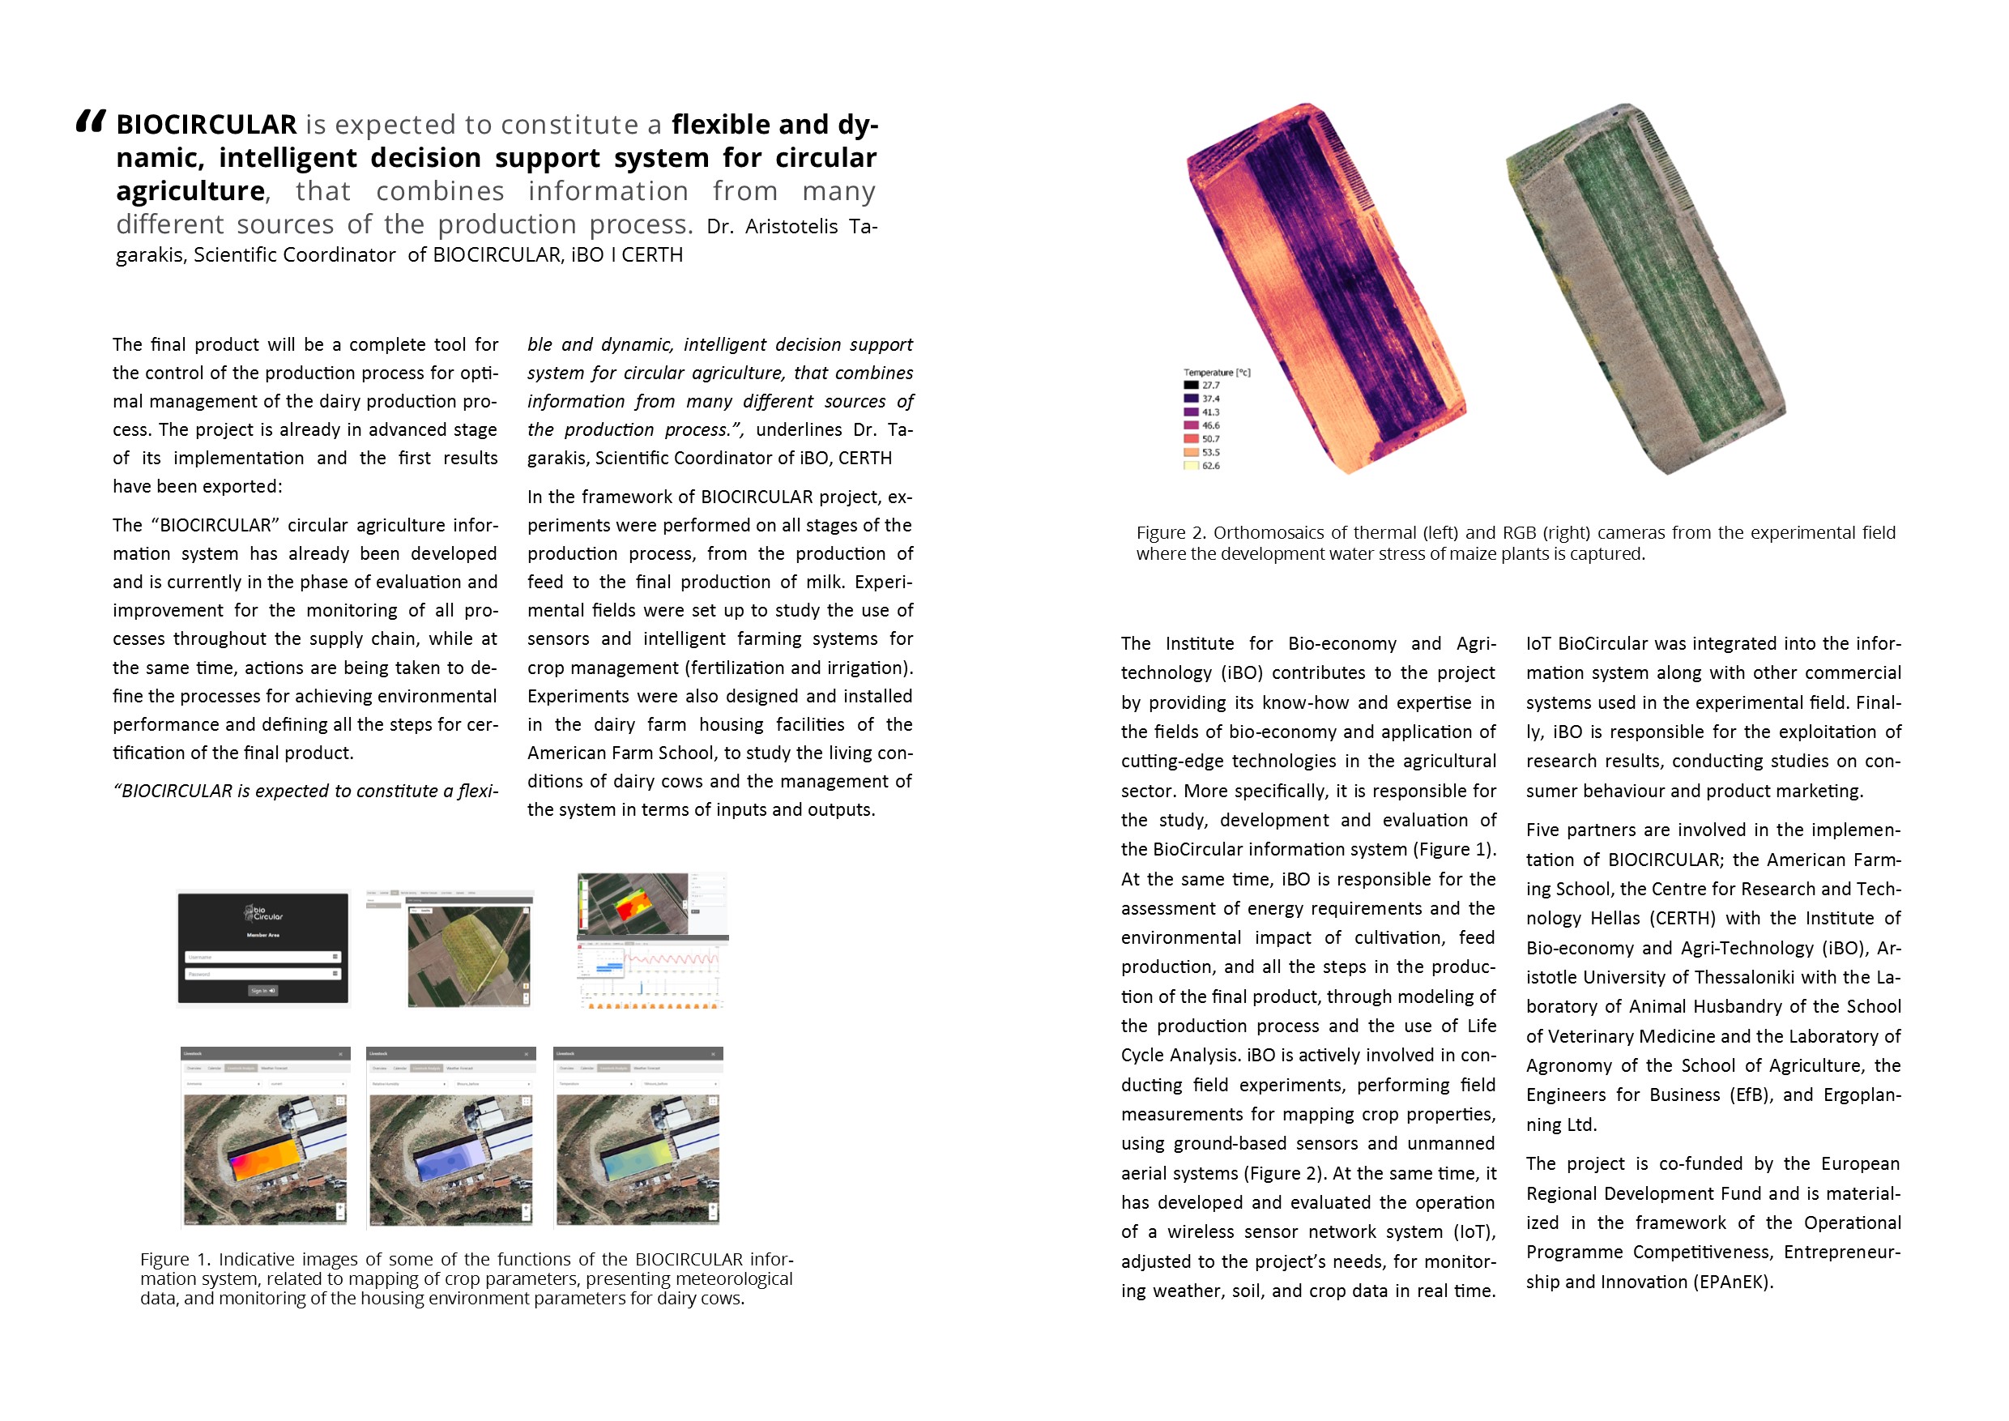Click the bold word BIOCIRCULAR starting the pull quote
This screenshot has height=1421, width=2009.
pyautogui.click(x=207, y=125)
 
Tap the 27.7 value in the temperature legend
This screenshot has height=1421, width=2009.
pyautogui.click(x=1210, y=385)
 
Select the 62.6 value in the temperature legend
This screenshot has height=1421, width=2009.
pyautogui.click(x=1210, y=466)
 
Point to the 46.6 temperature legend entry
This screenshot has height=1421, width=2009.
pyautogui.click(x=1210, y=425)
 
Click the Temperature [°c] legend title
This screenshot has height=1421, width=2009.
pyautogui.click(x=1216, y=372)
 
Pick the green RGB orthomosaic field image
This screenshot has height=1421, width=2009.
pyautogui.click(x=1645, y=288)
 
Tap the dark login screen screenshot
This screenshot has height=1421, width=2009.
pyautogui.click(x=263, y=948)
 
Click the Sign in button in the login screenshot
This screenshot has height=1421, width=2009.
pyautogui.click(x=262, y=991)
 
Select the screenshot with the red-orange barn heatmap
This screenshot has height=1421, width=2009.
pyautogui.click(x=265, y=1137)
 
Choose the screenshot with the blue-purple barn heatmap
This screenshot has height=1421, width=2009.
pyautogui.click(x=450, y=1137)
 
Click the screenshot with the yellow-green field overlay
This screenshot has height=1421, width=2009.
pyautogui.click(x=470, y=949)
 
